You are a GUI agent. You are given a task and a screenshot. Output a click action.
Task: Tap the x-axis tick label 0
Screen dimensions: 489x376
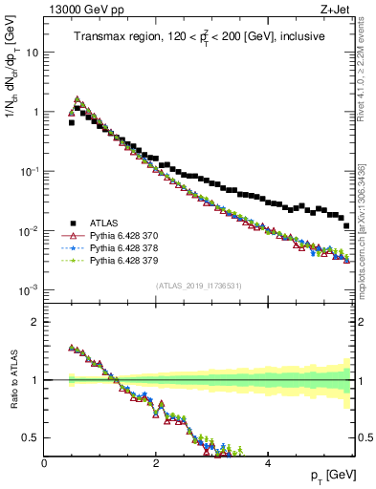pyautogui.click(x=45, y=461)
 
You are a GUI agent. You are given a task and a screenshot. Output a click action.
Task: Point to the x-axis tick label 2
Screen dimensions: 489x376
pyautogui.click(x=156, y=461)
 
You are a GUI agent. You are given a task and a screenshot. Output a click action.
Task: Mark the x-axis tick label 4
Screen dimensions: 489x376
pyautogui.click(x=267, y=461)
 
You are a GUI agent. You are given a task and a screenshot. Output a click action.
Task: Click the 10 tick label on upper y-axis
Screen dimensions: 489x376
pyautogui.click(x=33, y=53)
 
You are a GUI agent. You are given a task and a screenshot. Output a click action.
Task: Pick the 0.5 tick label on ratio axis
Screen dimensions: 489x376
pyautogui.click(x=30, y=438)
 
